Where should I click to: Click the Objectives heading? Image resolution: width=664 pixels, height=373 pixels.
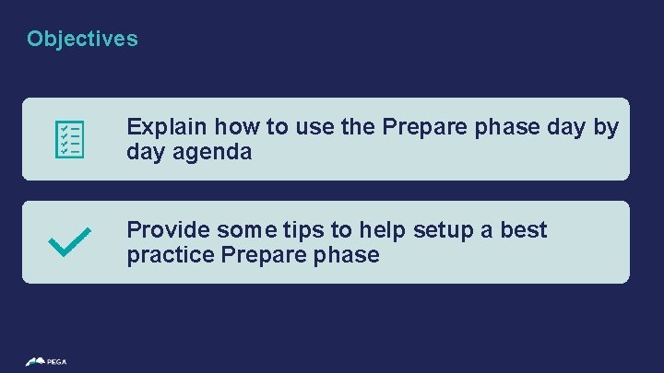(82, 39)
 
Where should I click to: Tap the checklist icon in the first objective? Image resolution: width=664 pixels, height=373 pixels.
(70, 139)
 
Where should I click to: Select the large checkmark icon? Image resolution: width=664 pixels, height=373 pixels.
(68, 242)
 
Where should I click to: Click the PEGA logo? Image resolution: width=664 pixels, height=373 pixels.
(46, 361)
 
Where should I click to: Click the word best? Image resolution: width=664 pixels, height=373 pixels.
(525, 229)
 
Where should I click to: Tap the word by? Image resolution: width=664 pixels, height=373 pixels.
(606, 127)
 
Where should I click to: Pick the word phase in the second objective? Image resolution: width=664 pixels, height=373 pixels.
(347, 255)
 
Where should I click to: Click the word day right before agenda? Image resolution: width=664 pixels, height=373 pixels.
(145, 152)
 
